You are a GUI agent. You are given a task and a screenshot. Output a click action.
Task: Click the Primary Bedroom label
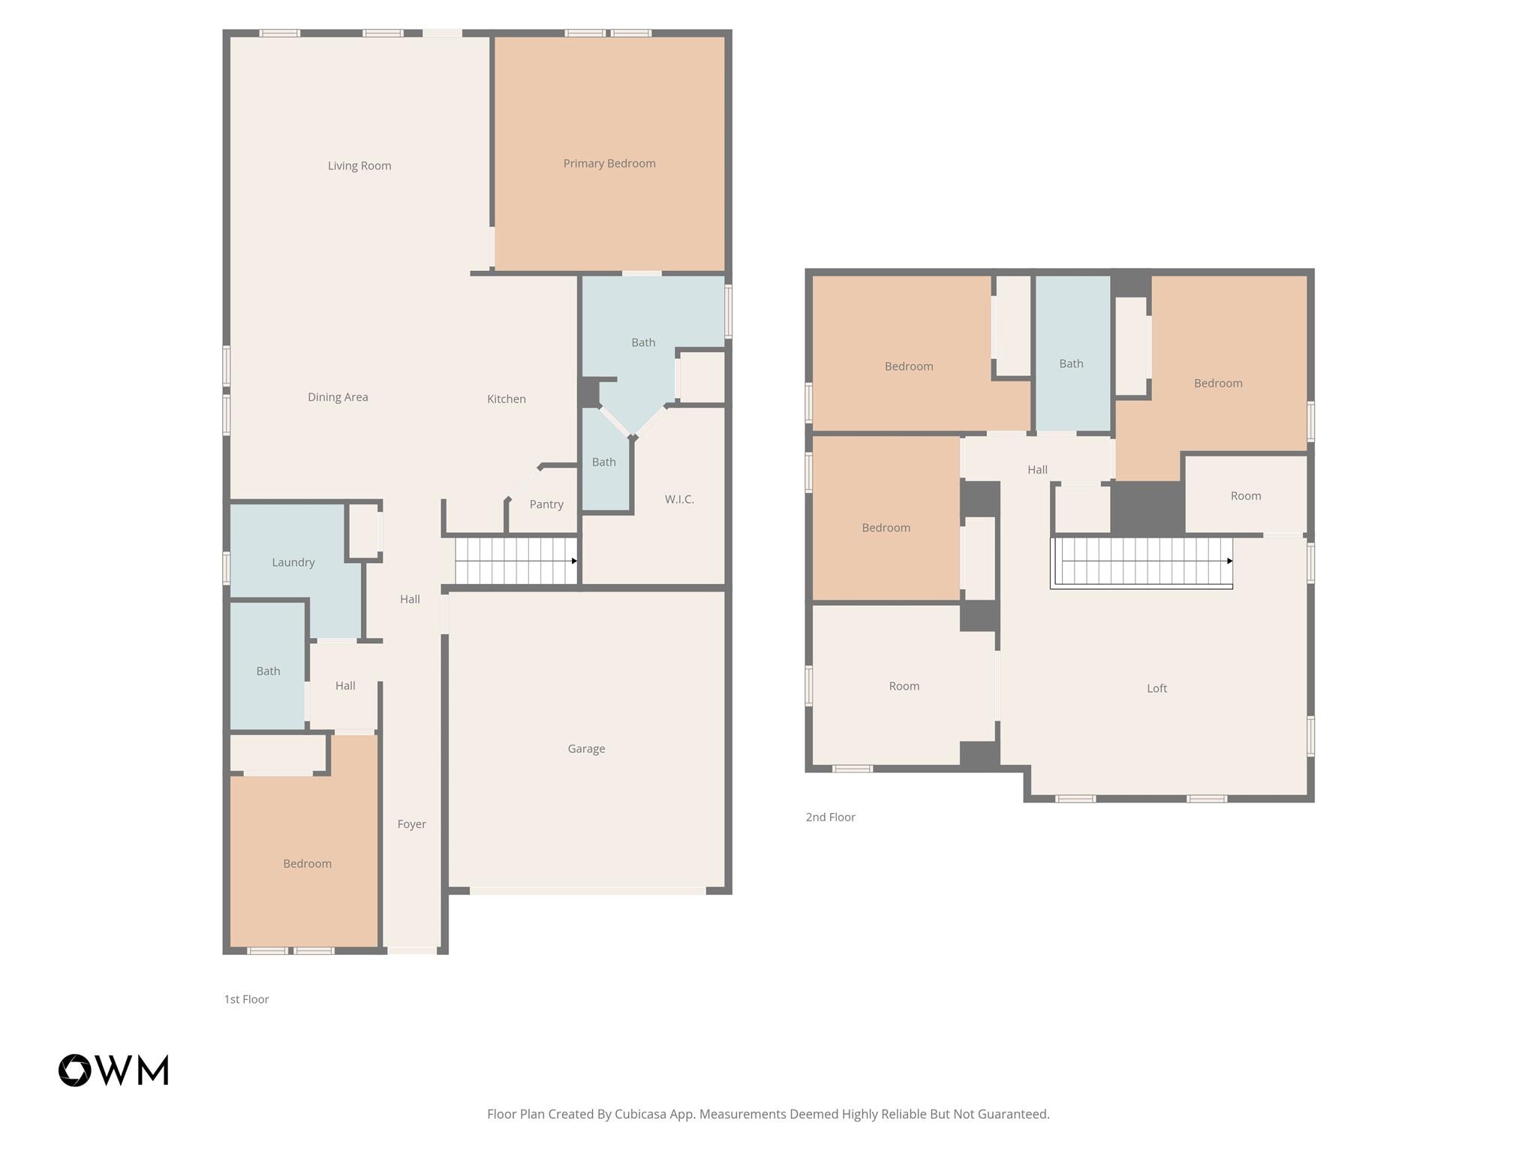609,164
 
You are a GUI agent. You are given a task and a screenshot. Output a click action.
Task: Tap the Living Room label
359,166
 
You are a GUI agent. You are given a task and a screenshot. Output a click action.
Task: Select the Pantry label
546,504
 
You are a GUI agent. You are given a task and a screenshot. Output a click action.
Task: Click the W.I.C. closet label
678,499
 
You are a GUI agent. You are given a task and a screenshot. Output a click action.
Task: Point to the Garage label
585,748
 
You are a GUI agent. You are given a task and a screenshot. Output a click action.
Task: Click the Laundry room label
293,562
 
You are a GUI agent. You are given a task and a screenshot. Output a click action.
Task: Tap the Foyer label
411,824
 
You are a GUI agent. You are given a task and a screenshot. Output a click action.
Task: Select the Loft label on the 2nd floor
1156,688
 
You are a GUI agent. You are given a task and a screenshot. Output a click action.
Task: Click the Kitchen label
506,399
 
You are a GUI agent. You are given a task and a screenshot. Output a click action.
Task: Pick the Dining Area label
338,397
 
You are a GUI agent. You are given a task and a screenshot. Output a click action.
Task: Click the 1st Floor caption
246,999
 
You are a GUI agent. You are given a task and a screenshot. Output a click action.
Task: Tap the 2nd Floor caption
830,817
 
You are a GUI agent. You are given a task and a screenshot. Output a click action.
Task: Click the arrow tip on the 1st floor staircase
575,561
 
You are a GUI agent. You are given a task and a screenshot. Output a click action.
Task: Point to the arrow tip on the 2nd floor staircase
1230,561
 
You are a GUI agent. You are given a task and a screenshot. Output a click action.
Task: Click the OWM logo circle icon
75,1070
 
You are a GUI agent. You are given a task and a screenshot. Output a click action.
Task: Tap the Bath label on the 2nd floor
1071,364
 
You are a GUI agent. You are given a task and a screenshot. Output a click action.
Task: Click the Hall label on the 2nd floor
1037,470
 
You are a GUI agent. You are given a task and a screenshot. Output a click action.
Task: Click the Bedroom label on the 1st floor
307,864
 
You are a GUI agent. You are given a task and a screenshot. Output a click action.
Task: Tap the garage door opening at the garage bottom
587,891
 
